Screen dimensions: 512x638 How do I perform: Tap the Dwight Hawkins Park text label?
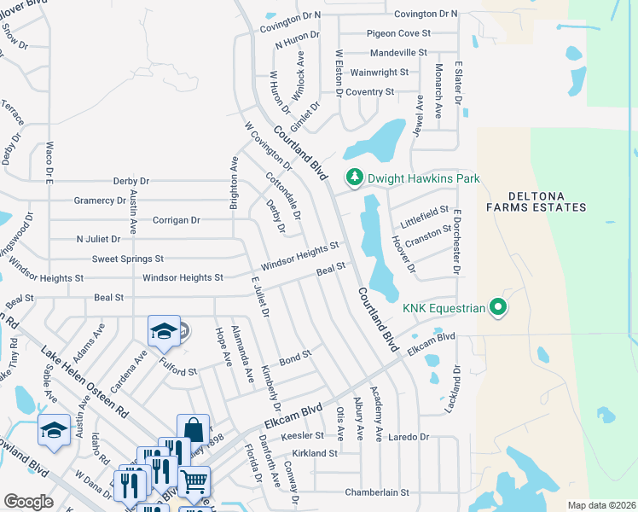[423, 178]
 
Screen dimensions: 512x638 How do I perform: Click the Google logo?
[27, 501]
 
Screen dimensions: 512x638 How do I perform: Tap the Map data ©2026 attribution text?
[601, 505]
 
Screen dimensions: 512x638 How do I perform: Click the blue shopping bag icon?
[193, 428]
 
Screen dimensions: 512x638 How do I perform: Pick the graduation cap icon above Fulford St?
[164, 330]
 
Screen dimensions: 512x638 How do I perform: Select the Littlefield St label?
[425, 211]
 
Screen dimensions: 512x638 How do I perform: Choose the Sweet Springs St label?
[127, 259]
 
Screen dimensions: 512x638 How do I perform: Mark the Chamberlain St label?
[377, 492]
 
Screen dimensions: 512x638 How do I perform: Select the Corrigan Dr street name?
[176, 220]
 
